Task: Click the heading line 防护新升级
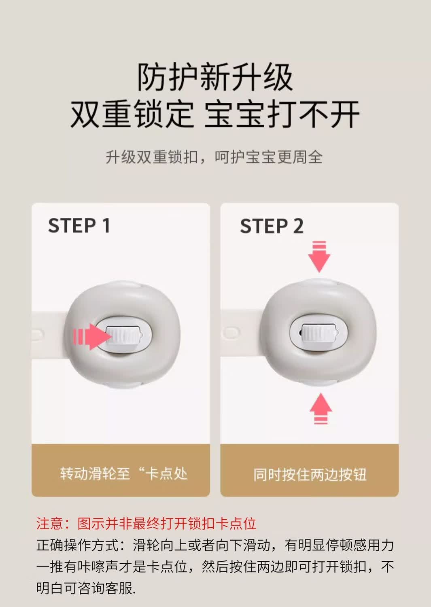215,77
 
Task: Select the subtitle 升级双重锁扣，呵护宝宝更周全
214,157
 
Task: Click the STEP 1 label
79,225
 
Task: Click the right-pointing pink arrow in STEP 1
92,337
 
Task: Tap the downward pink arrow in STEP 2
319,256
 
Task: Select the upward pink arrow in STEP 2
321,408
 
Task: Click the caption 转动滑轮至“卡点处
123,474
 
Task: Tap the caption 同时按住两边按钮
310,474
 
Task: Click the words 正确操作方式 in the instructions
78,545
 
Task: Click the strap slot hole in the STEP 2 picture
231,332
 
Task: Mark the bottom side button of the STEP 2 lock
320,382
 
